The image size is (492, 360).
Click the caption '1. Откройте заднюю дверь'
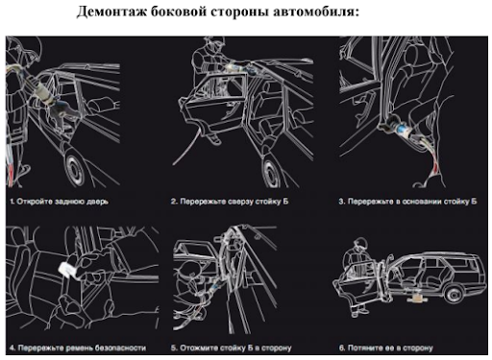click(x=59, y=202)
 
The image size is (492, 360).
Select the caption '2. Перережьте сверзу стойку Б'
click(x=230, y=202)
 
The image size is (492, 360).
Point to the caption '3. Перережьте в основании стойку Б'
click(x=407, y=202)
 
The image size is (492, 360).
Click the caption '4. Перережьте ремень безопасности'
click(x=78, y=348)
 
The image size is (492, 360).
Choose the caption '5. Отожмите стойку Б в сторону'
click(x=231, y=348)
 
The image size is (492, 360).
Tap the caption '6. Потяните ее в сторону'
click(x=386, y=348)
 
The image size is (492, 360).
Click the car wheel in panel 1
click(x=74, y=170)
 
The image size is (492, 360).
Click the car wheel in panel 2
click(x=272, y=173)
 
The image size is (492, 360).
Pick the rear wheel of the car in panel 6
click(x=454, y=295)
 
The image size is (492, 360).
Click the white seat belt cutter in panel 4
click(x=68, y=269)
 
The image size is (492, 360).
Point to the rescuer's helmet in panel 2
click(x=217, y=42)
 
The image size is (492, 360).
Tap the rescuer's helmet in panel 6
click(x=361, y=243)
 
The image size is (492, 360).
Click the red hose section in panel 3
click(x=435, y=167)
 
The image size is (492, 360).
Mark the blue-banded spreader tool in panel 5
click(x=215, y=287)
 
